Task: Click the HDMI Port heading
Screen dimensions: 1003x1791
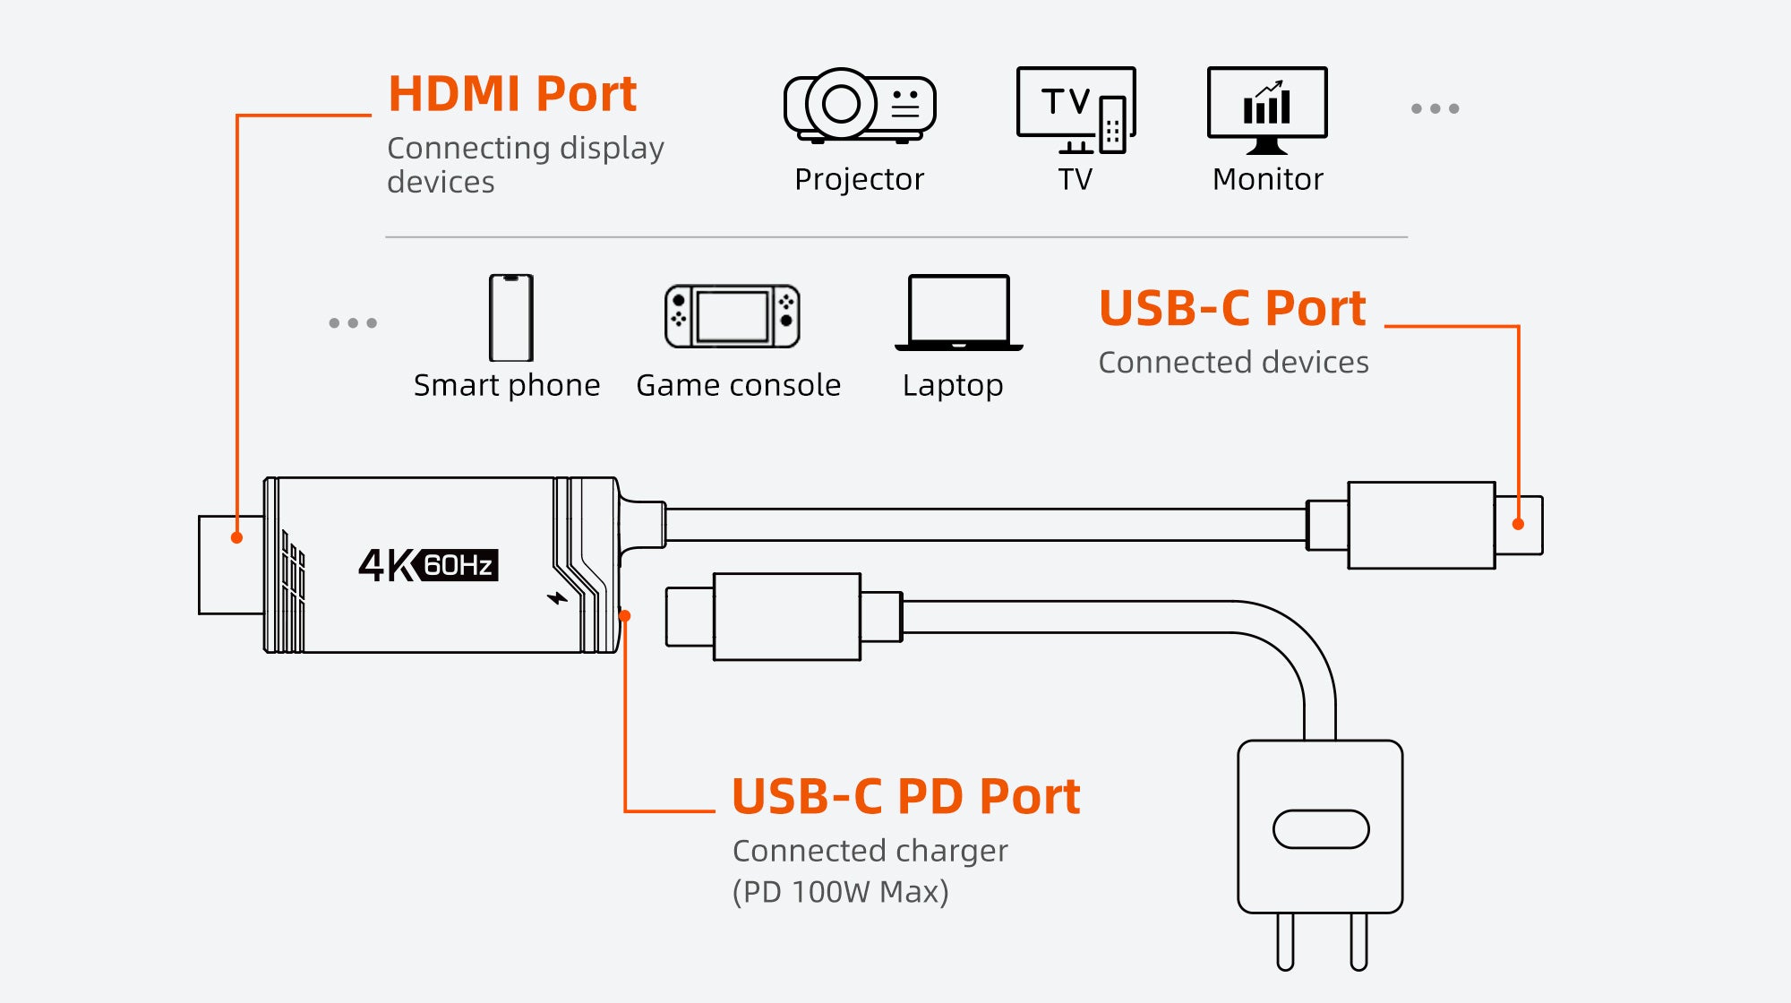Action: pyautogui.click(x=512, y=94)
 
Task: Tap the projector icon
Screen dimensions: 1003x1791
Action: pyautogui.click(x=860, y=106)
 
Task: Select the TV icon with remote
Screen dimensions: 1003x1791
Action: pyautogui.click(x=1076, y=110)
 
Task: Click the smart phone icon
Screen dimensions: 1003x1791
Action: pyautogui.click(x=510, y=318)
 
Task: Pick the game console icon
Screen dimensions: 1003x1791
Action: pyautogui.click(x=733, y=317)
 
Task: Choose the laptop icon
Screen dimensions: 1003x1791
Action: pyautogui.click(x=958, y=313)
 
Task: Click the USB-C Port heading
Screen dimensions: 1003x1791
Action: pyautogui.click(x=1232, y=309)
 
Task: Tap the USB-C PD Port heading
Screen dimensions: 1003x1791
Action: pyautogui.click(x=906, y=796)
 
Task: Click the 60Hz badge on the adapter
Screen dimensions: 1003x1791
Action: pyautogui.click(x=459, y=565)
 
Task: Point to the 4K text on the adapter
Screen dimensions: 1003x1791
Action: pyautogui.click(x=388, y=566)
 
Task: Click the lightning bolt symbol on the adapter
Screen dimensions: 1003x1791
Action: pyautogui.click(x=558, y=597)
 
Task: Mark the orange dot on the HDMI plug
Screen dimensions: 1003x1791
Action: pyautogui.click(x=236, y=537)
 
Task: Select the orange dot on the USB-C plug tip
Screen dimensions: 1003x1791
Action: pyautogui.click(x=1518, y=524)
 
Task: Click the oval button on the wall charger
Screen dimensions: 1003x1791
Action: pyautogui.click(x=1321, y=829)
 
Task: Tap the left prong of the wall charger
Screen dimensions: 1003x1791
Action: pyautogui.click(x=1286, y=941)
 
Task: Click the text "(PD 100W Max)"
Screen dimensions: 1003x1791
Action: pyautogui.click(x=840, y=892)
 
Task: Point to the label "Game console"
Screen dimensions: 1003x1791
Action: pyautogui.click(x=738, y=385)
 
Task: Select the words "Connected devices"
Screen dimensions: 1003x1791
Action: pyautogui.click(x=1233, y=362)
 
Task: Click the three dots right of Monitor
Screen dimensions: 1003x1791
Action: pyautogui.click(x=1435, y=108)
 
